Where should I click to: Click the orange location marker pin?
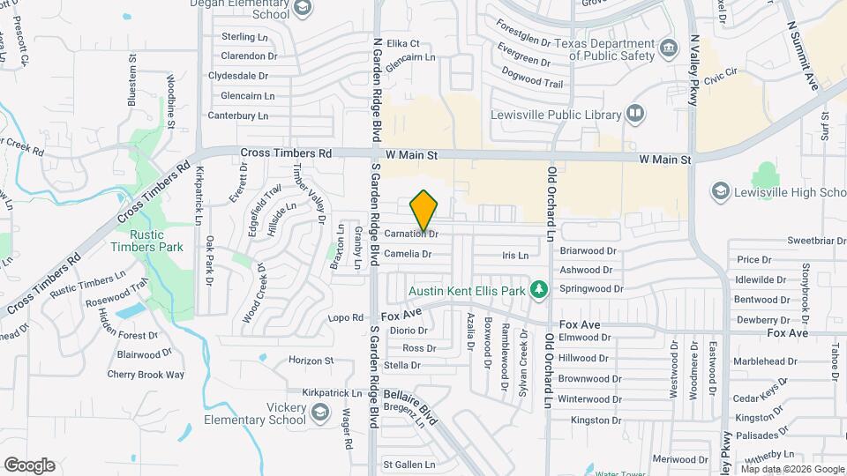click(424, 212)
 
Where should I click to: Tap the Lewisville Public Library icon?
click(635, 113)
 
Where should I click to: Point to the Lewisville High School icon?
click(721, 192)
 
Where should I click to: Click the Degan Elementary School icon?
click(303, 8)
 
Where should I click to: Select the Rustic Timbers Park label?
click(157, 241)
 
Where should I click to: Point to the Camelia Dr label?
click(408, 254)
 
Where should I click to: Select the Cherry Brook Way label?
click(146, 374)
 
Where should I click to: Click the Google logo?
click(29, 465)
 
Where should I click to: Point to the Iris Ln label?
click(514, 256)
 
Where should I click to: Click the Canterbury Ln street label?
click(237, 115)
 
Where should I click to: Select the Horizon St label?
click(311, 361)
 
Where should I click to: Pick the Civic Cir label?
click(720, 76)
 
